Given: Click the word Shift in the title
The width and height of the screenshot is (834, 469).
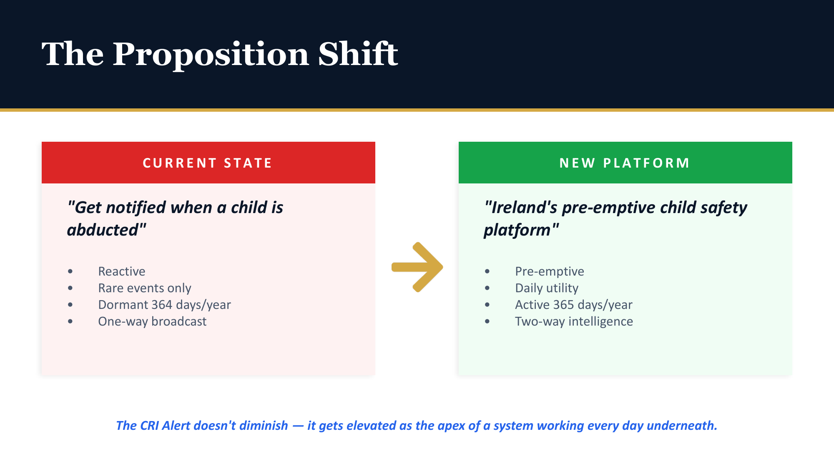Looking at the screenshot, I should click(x=358, y=54).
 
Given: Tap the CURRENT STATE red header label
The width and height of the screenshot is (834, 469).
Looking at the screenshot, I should click(x=207, y=163).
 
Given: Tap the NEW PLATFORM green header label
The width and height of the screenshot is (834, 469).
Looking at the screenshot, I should click(x=625, y=163).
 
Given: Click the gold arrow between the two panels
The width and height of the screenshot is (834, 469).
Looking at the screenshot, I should click(x=417, y=267).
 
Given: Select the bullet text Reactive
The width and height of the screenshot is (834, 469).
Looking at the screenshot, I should click(x=121, y=271).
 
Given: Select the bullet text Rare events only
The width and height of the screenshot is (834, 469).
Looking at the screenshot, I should click(x=144, y=288).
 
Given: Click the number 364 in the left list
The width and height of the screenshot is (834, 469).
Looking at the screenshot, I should click(x=162, y=305).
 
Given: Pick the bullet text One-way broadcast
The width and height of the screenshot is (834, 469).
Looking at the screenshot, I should click(x=152, y=321).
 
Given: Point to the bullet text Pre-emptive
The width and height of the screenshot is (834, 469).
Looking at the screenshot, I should click(x=549, y=271).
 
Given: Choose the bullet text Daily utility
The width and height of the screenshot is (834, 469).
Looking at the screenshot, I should click(x=547, y=288).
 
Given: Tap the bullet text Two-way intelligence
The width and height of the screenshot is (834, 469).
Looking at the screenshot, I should click(x=574, y=321).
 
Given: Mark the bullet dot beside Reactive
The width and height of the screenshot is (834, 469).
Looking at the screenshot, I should click(x=70, y=271).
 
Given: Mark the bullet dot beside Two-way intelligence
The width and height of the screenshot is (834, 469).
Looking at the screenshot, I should click(x=487, y=321).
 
